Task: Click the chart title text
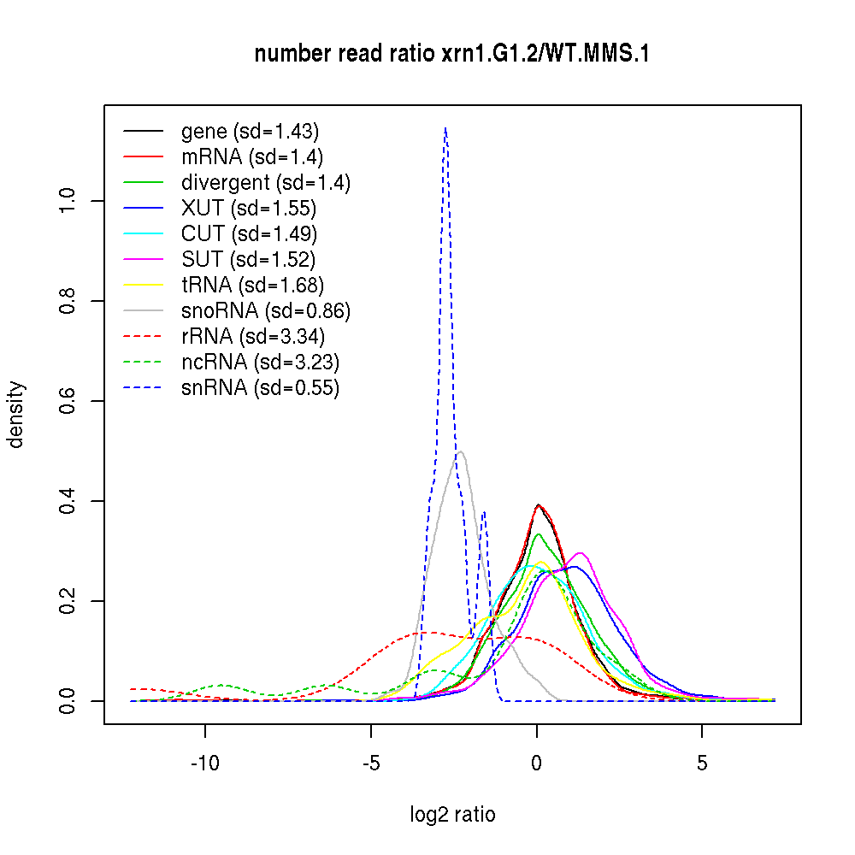(452, 54)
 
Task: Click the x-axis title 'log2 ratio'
(452, 814)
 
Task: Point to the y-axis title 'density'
(16, 415)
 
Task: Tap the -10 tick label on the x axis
(204, 763)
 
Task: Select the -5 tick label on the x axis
(370, 763)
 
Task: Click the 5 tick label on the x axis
(702, 763)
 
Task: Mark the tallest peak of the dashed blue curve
(445, 128)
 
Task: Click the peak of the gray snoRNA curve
(461, 451)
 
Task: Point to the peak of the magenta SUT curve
(581, 553)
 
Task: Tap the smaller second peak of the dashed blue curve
(484, 512)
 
